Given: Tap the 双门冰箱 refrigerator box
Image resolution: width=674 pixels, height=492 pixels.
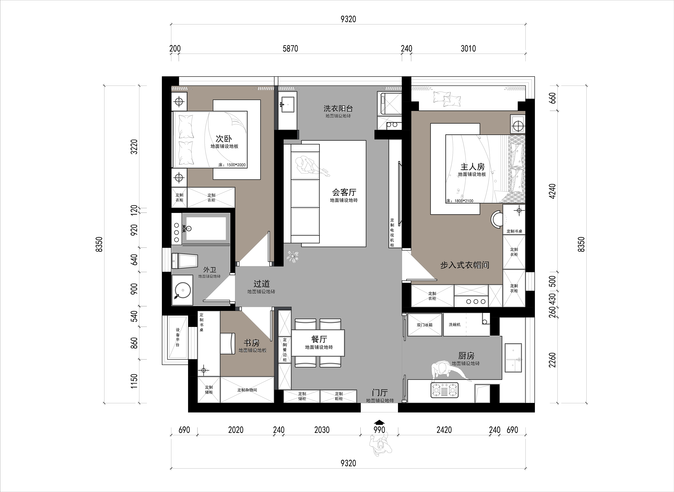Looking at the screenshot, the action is [x=424, y=325].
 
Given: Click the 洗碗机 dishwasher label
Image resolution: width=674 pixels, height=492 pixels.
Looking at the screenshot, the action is [x=454, y=324].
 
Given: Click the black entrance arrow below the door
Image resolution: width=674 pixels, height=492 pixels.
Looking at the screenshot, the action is [x=379, y=422].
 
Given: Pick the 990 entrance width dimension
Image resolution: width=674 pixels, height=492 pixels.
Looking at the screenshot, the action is [x=379, y=430].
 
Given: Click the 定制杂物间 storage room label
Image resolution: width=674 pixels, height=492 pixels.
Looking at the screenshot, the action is [x=247, y=390].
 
